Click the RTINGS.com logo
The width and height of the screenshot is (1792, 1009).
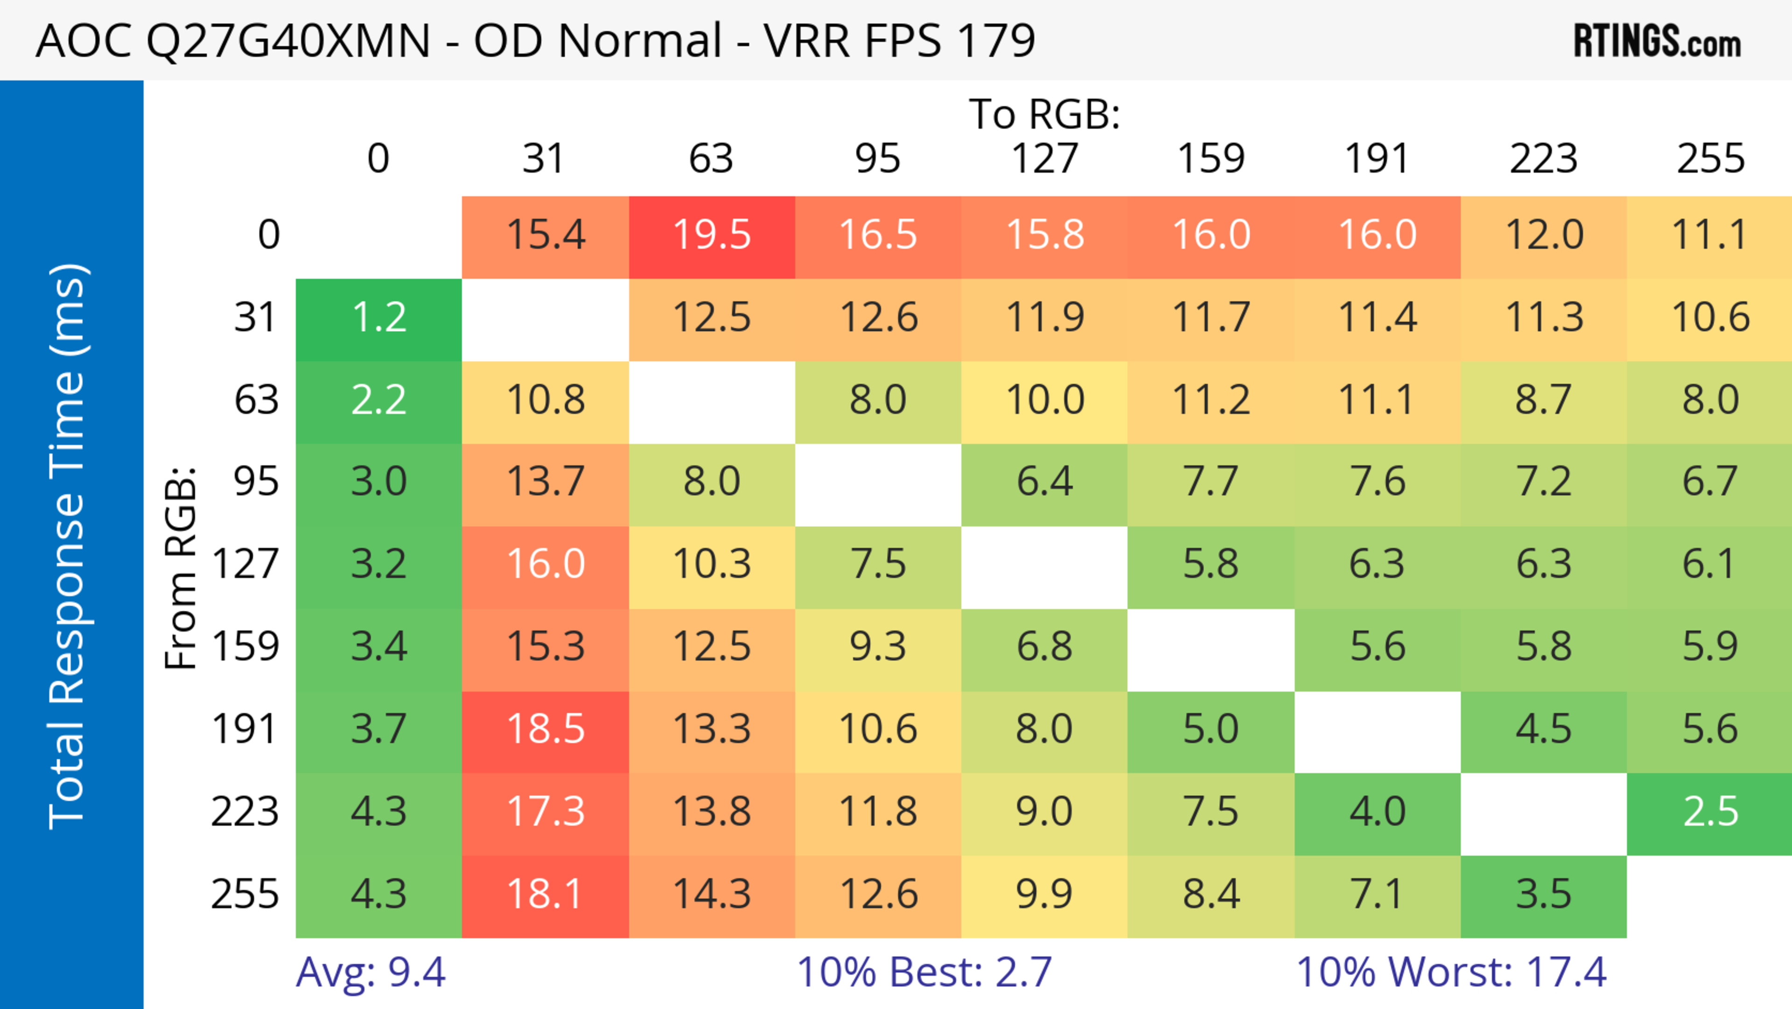(1657, 41)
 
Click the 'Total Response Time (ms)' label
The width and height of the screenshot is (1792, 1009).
(68, 547)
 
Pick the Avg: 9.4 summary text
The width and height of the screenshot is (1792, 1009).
(370, 972)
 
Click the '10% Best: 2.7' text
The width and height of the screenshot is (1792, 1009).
(924, 972)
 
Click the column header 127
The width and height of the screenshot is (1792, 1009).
(1044, 159)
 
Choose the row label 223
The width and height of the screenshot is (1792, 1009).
(245, 812)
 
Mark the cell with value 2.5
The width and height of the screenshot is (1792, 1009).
(1710, 812)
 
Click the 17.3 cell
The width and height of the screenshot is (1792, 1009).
(546, 812)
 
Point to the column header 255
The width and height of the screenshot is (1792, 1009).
(1710, 159)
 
